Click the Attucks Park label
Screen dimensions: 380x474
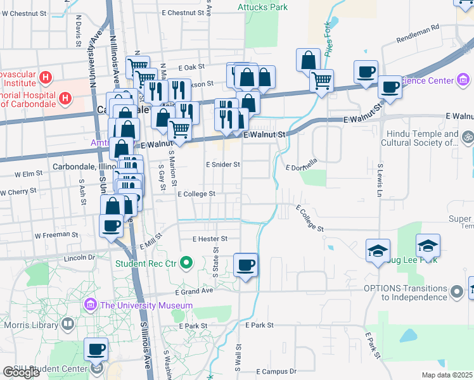pyautogui.click(x=262, y=7)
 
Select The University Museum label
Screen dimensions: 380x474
pyautogui.click(x=146, y=305)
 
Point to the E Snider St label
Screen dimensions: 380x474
pyautogui.click(x=222, y=164)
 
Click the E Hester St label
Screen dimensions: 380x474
pyautogui.click(x=210, y=239)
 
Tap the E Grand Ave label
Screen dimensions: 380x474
pyautogui.click(x=194, y=293)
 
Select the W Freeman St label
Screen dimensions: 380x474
pyautogui.click(x=56, y=235)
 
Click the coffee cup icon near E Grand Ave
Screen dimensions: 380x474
pyautogui.click(x=245, y=265)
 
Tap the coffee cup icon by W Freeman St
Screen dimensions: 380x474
pyautogui.click(x=112, y=225)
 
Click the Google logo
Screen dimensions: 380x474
pyautogui.click(x=21, y=372)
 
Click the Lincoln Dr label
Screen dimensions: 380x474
pyautogui.click(x=79, y=258)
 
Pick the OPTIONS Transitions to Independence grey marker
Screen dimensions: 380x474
pyautogui.click(x=456, y=292)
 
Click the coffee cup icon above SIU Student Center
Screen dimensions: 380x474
pyautogui.click(x=96, y=348)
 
